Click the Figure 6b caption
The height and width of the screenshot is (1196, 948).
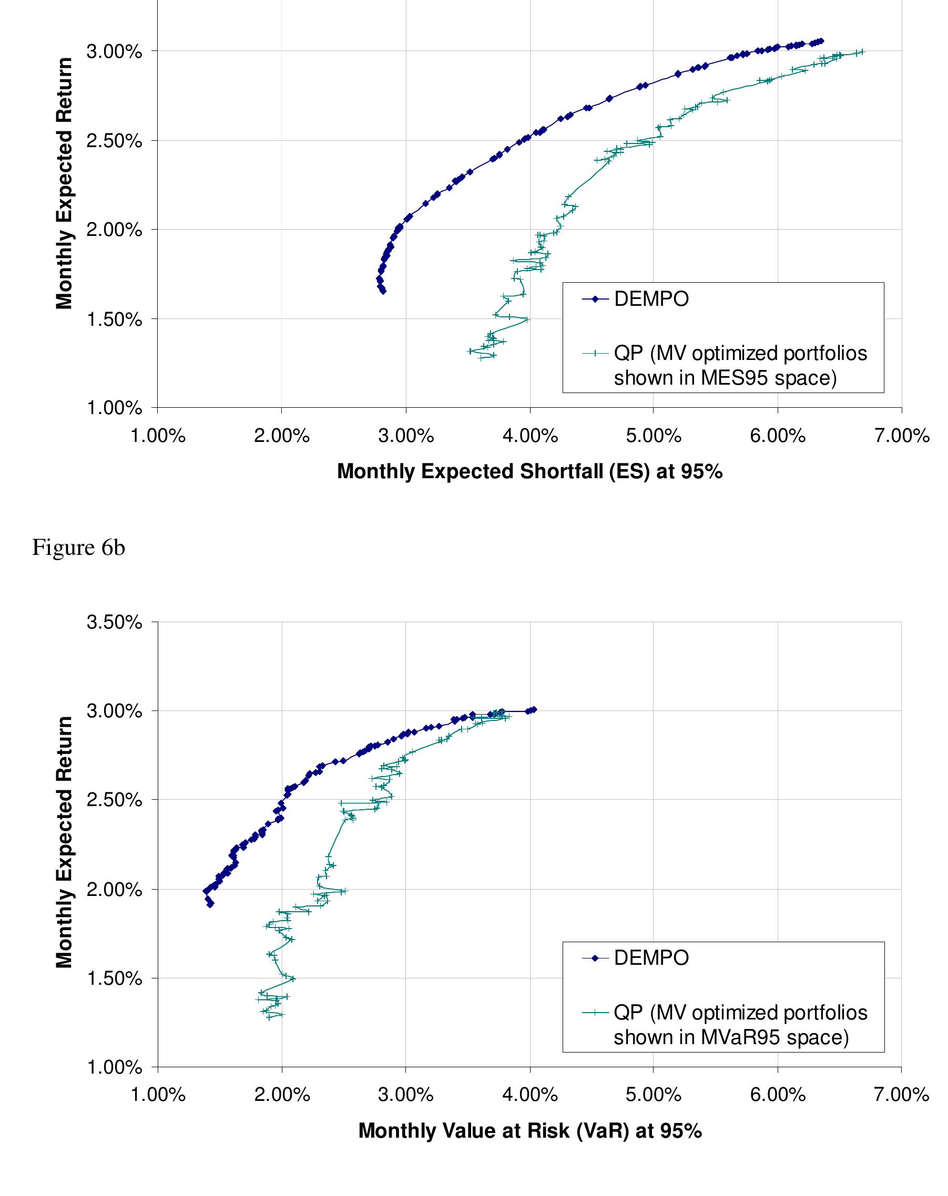pos(78,548)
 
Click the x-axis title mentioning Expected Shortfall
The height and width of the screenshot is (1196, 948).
pos(529,471)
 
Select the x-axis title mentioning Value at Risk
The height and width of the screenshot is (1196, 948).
pos(529,1130)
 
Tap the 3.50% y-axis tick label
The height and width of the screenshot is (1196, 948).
pos(114,622)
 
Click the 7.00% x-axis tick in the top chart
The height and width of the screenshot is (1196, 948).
pos(901,436)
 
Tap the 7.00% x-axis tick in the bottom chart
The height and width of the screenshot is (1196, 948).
pos(901,1095)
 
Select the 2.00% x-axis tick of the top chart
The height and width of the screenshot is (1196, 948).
pos(281,436)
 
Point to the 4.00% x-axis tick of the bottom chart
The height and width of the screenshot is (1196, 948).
pos(529,1095)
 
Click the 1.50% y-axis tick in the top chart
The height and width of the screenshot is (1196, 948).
pos(114,319)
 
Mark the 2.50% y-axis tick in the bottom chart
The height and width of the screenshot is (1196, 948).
pos(114,800)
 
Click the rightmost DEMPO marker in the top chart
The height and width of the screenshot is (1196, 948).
pos(821,41)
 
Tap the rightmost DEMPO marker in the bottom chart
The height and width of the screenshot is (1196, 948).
pos(534,709)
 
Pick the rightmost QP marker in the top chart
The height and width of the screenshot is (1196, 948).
pos(862,51)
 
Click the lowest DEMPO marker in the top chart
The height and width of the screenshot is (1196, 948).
pos(383,291)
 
